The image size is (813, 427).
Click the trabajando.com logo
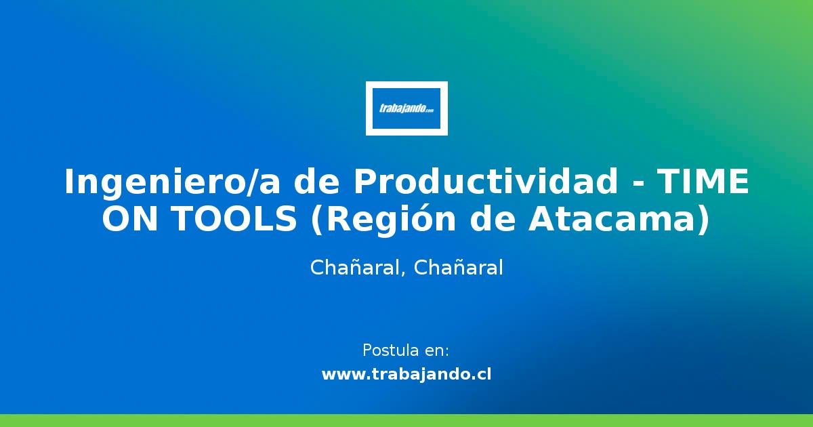pos(406,108)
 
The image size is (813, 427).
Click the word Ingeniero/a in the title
pos(169,182)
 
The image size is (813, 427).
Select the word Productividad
pos(485,182)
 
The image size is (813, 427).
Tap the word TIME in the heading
pos(704,182)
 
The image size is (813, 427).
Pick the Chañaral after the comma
pos(458,268)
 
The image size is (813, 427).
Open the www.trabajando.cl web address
pos(406,374)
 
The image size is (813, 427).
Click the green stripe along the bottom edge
pos(406,420)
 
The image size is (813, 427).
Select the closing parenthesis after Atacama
pos(705,221)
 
